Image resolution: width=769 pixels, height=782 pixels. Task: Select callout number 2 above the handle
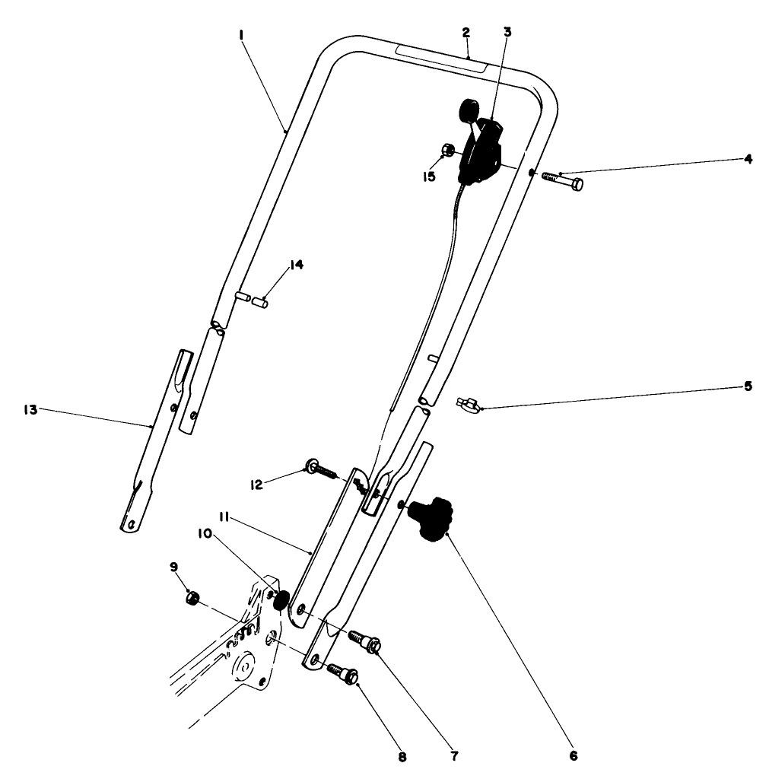466,33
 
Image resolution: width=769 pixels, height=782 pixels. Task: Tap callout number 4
748,159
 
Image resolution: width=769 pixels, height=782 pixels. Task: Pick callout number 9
173,567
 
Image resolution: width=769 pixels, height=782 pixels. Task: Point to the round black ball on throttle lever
466,110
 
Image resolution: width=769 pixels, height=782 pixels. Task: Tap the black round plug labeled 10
281,601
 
